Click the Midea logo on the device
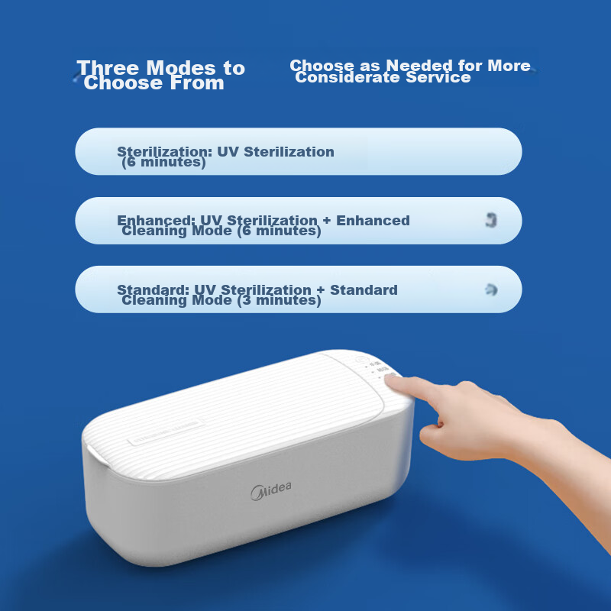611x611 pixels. (x=271, y=489)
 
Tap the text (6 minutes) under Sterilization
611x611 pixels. (x=163, y=163)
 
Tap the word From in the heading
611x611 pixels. (x=201, y=83)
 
